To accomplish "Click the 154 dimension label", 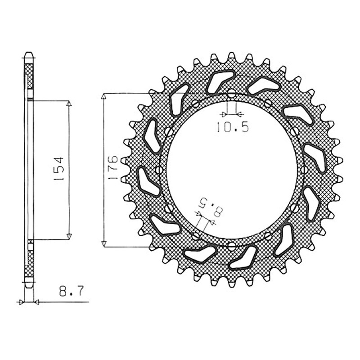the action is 58,169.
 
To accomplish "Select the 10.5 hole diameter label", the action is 233,127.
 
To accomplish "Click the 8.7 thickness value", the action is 72,291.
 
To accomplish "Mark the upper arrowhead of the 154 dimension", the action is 69,103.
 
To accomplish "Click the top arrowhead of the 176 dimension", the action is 104,96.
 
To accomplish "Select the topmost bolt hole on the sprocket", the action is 232,94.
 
